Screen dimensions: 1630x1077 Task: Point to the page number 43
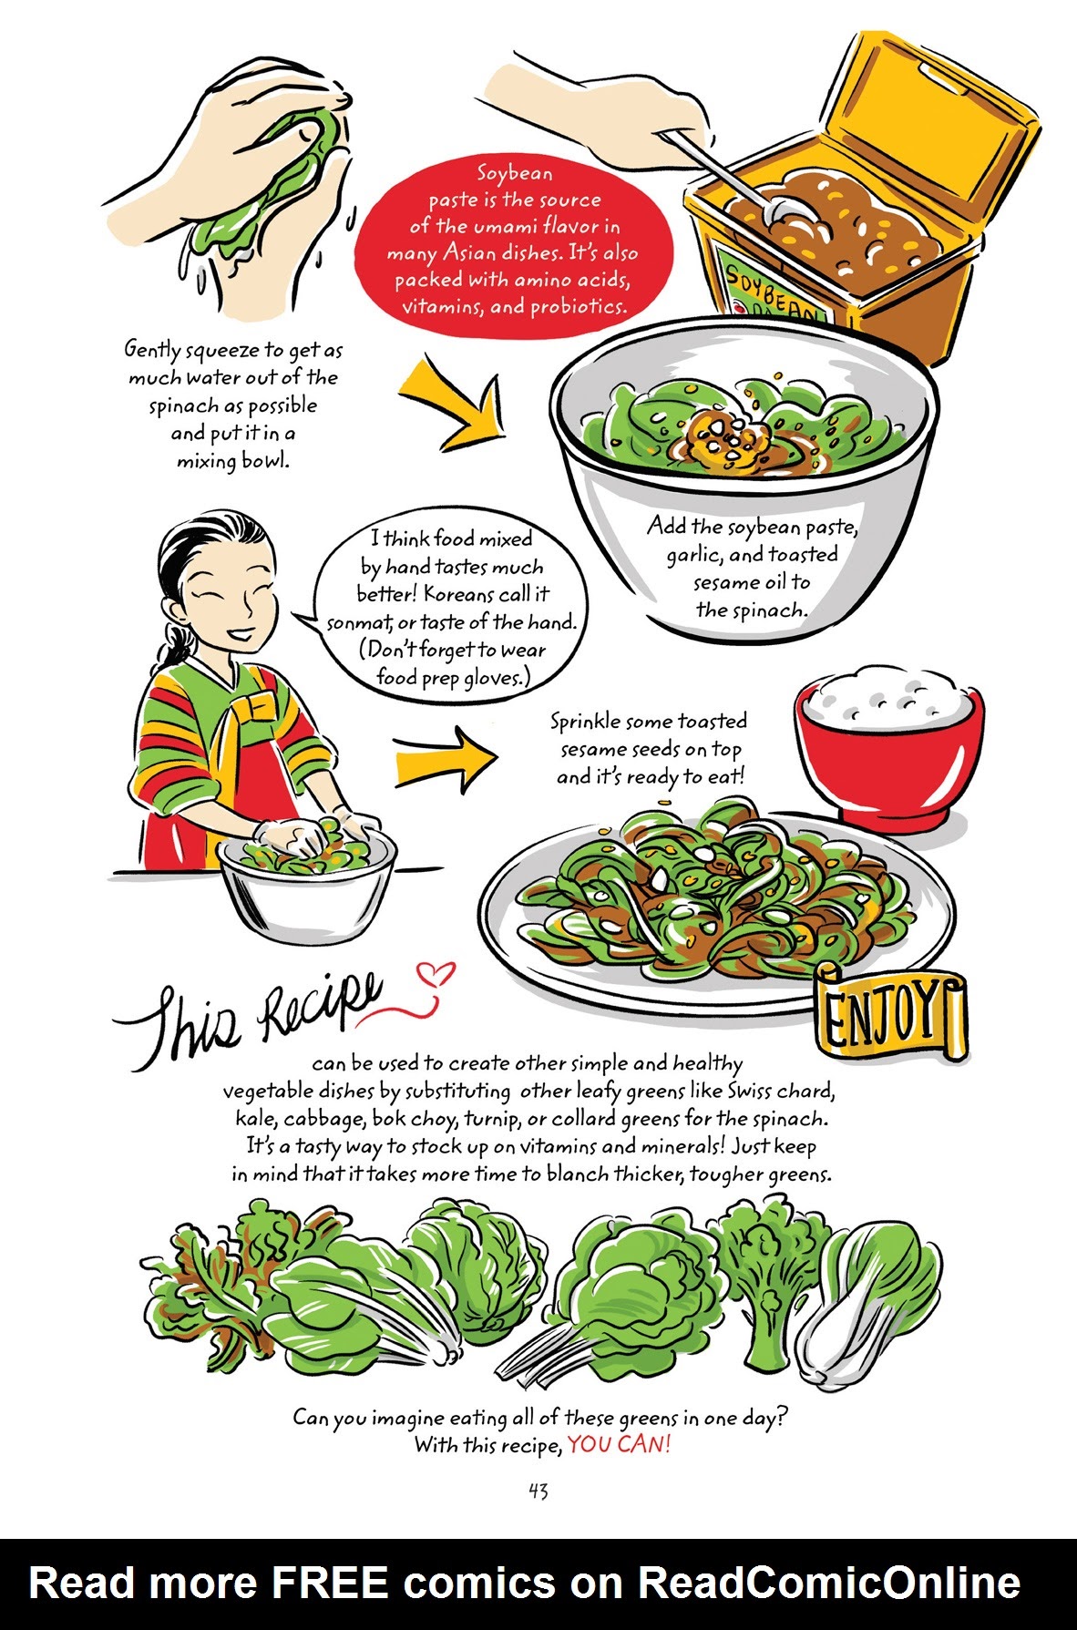point(538,1491)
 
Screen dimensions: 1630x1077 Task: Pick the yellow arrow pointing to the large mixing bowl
point(446,402)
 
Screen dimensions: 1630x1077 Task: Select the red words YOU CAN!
point(619,1444)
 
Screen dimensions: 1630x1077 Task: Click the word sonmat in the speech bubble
point(358,623)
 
